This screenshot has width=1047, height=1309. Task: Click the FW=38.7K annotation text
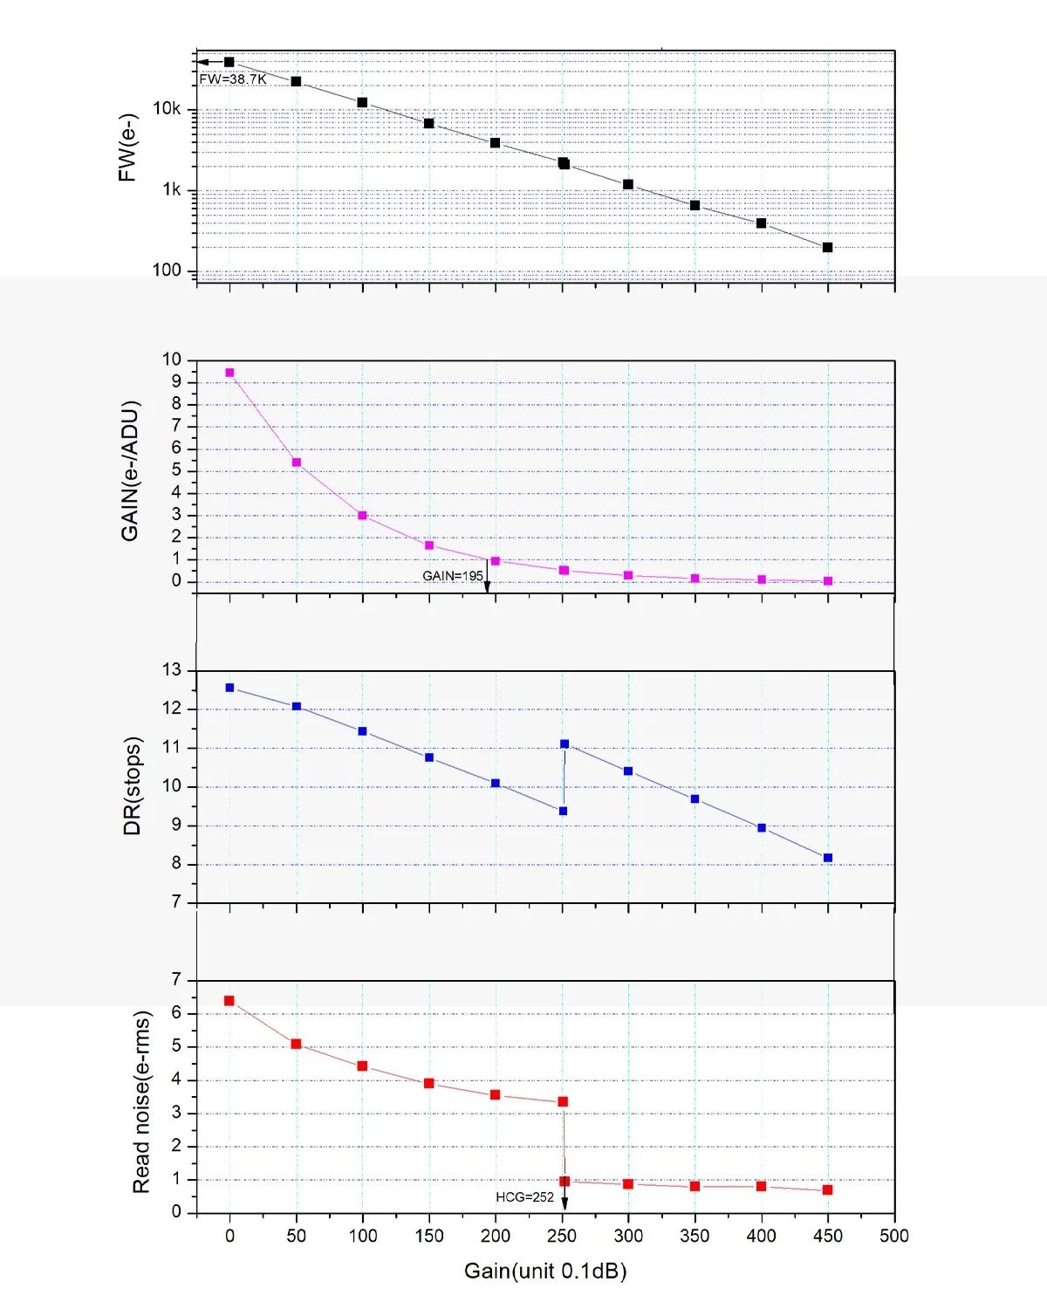pos(233,79)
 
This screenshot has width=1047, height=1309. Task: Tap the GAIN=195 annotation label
pos(453,576)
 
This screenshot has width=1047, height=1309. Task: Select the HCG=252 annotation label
pos(525,1197)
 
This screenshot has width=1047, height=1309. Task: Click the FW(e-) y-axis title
pos(127,147)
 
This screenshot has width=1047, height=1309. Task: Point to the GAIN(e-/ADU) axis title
pos(130,471)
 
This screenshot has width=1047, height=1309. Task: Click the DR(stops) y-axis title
pos(133,786)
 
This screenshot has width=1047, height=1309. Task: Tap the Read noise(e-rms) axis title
pos(141,1102)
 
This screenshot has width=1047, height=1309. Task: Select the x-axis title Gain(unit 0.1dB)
pos(545,1271)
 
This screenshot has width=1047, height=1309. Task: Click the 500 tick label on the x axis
pos(893,1236)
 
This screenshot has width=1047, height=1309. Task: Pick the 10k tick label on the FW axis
pos(167,109)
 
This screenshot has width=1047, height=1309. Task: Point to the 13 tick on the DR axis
pos(172,670)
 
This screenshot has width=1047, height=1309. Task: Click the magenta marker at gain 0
pos(229,373)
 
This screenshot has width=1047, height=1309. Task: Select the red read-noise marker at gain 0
pos(229,1001)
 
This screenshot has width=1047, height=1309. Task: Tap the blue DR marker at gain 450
pos(828,858)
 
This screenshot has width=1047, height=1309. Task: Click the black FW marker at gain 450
pos(828,248)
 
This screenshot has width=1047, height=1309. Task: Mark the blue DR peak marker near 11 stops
pos(565,744)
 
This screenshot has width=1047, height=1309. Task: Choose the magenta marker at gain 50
pos(297,463)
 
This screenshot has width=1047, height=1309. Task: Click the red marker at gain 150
pos(429,1083)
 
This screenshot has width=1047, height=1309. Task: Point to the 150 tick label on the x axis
pos(429,1236)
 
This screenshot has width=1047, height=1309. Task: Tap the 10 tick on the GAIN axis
pos(172,360)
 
